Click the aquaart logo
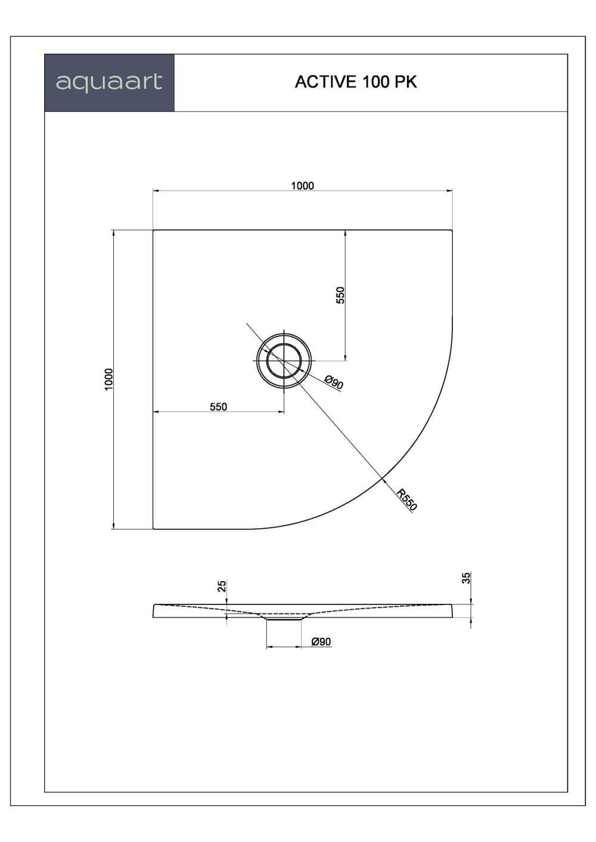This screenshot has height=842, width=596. (x=109, y=82)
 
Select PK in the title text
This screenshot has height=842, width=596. (x=404, y=82)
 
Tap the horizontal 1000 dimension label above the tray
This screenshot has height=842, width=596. (x=302, y=185)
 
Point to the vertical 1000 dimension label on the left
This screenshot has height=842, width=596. (x=108, y=379)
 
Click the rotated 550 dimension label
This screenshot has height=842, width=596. (x=340, y=295)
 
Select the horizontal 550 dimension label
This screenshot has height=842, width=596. (x=218, y=407)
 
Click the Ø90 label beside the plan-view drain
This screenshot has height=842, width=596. (x=334, y=382)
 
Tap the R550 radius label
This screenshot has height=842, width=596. (x=408, y=500)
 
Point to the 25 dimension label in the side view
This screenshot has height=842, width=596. (x=222, y=587)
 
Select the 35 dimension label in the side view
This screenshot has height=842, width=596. (x=467, y=577)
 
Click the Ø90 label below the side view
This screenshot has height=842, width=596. (x=321, y=641)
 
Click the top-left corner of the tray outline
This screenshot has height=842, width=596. (x=154, y=230)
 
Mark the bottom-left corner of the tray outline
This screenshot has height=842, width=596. (x=154, y=528)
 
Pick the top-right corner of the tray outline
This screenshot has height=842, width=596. (x=452, y=230)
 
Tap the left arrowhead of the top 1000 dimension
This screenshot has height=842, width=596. (x=156, y=191)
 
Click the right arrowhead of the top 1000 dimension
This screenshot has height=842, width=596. (x=449, y=191)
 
